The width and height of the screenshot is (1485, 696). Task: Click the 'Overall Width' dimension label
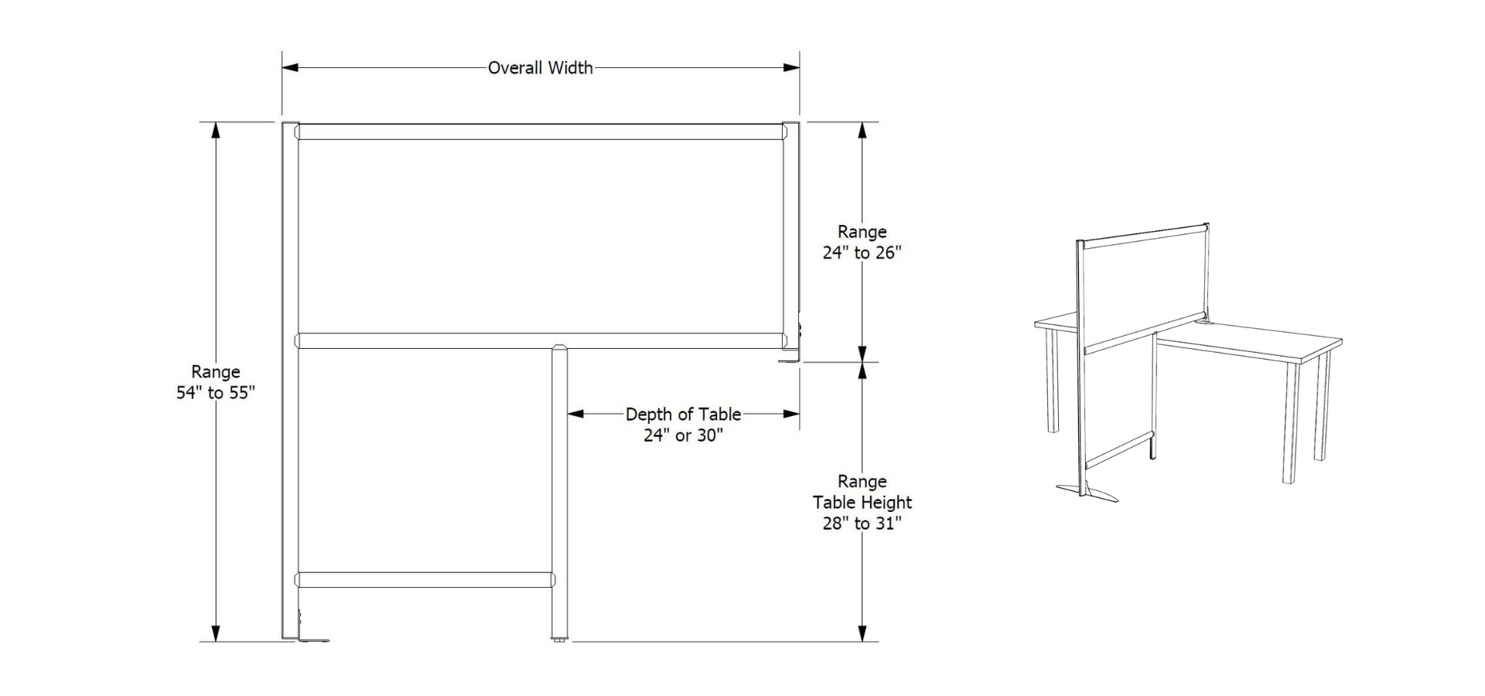point(540,68)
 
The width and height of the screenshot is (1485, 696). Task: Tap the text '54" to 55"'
point(216,393)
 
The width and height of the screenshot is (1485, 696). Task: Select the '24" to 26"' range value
point(862,253)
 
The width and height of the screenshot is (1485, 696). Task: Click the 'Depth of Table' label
point(683,415)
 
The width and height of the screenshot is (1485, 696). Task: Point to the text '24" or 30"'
point(683,435)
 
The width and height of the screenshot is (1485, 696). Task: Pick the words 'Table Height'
point(862,503)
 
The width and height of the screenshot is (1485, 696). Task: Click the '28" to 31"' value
point(862,524)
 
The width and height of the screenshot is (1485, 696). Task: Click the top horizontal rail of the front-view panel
point(539,132)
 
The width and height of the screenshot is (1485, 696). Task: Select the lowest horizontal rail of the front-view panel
point(425,579)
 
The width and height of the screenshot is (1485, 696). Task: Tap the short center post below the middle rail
point(559,487)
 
